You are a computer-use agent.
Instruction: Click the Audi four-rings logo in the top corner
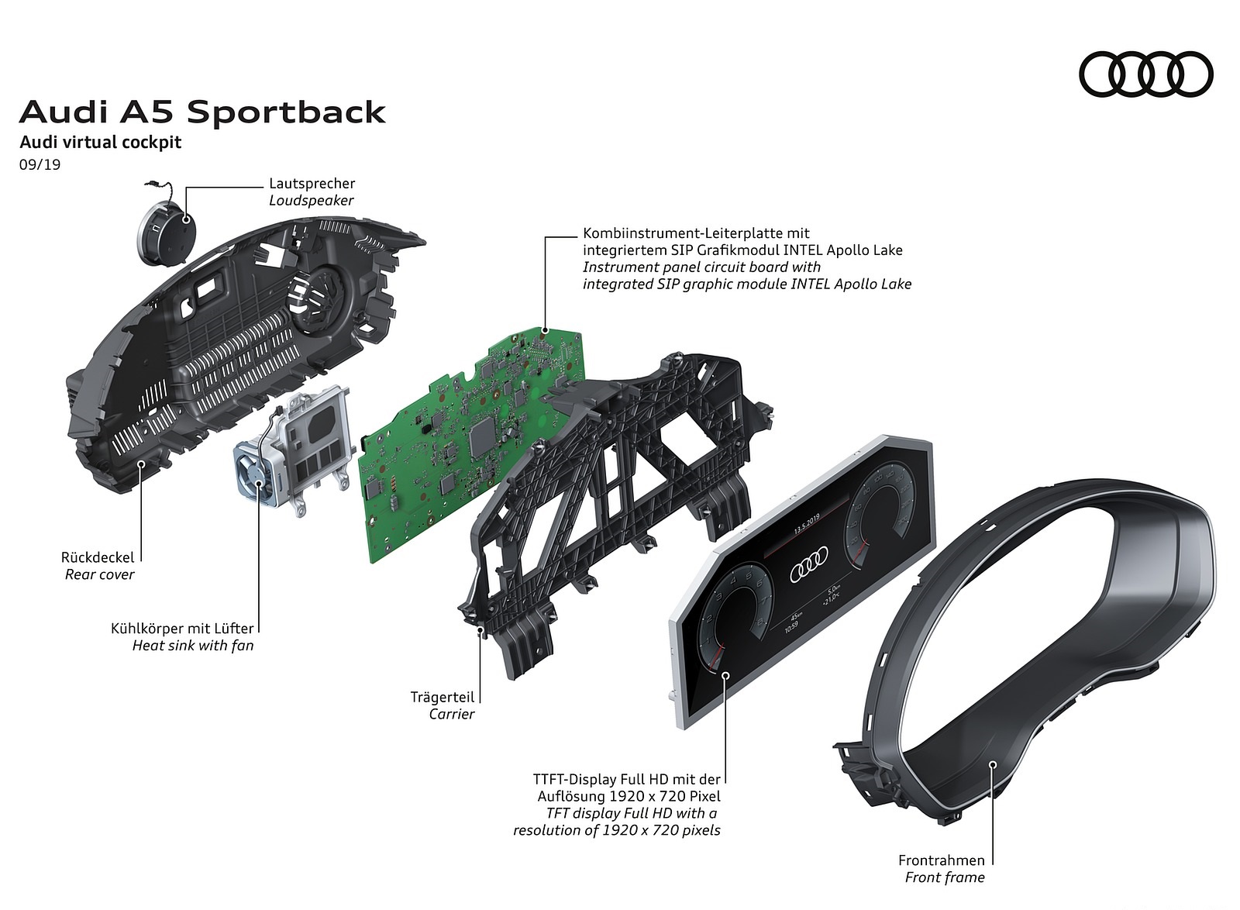pos(1145,76)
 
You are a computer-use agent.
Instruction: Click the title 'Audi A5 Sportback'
pos(202,112)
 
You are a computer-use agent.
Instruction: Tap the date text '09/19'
pos(40,164)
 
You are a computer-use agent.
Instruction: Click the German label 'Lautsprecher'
pos(312,184)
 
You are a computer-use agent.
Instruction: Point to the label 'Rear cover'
pos(99,574)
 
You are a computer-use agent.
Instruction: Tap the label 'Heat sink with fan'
pos(192,645)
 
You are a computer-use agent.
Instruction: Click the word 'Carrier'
pos(451,714)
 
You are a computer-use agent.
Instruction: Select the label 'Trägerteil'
pos(442,697)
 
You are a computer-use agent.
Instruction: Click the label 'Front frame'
pos(945,877)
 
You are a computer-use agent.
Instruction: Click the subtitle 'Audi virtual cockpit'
pos(101,143)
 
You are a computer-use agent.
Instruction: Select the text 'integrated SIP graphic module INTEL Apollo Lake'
pos(746,284)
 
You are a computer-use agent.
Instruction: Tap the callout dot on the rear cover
pos(141,464)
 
